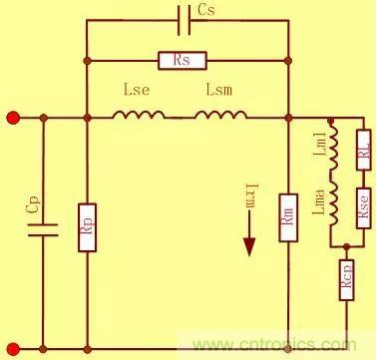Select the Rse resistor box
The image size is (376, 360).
pyautogui.click(x=363, y=205)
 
